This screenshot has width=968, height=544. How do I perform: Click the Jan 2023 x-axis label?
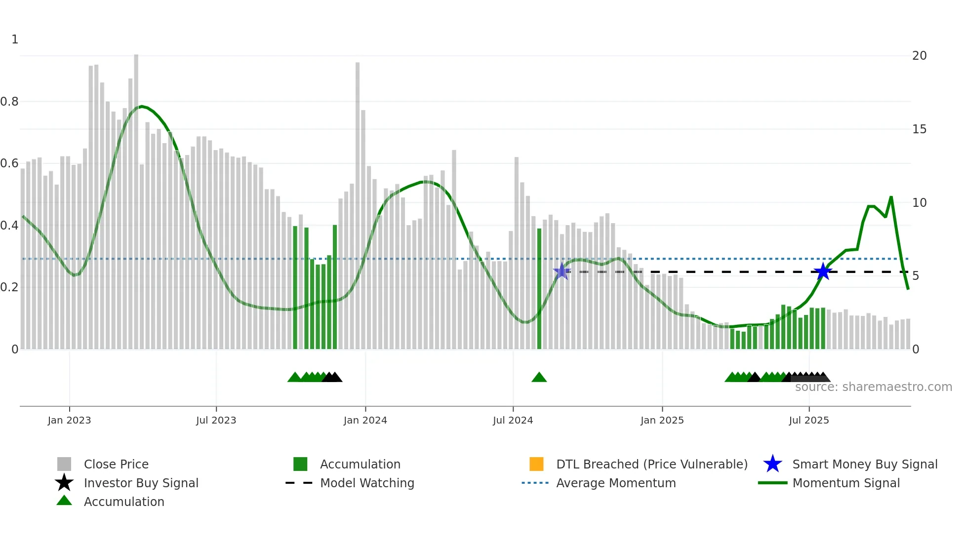pyautogui.click(x=69, y=420)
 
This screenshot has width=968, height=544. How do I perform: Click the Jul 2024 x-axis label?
pyautogui.click(x=513, y=420)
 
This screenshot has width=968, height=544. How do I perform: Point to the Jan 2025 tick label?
pyautogui.click(x=662, y=420)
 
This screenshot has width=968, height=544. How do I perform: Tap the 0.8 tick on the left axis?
pyautogui.click(x=10, y=102)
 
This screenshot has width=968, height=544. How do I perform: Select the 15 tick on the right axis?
pyautogui.click(x=919, y=129)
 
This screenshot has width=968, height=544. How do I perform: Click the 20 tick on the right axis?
pyautogui.click(x=919, y=56)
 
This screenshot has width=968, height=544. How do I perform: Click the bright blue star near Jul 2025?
pyautogui.click(x=822, y=272)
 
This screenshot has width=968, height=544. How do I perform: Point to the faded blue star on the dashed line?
pyautogui.click(x=562, y=271)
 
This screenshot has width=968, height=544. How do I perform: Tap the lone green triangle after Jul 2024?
pyautogui.click(x=539, y=378)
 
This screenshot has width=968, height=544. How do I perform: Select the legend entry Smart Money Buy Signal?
pyautogui.click(x=864, y=464)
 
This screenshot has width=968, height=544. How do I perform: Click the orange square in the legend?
pyautogui.click(x=536, y=464)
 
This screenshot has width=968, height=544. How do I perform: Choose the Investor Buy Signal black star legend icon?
pyautogui.click(x=64, y=483)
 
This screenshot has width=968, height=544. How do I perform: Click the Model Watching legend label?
pyautogui.click(x=367, y=483)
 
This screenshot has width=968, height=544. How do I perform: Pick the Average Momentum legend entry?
pyautogui.click(x=615, y=483)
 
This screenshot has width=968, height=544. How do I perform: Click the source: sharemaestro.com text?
pyautogui.click(x=873, y=387)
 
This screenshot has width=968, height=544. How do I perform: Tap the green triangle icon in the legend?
pyautogui.click(x=64, y=501)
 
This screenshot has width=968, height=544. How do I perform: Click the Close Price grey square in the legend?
pyautogui.click(x=64, y=464)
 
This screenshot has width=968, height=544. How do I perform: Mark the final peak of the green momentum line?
pyautogui.click(x=891, y=197)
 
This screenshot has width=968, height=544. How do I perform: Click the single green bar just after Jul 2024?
pyautogui.click(x=539, y=289)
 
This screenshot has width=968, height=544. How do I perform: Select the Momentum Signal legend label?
pyautogui.click(x=846, y=483)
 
